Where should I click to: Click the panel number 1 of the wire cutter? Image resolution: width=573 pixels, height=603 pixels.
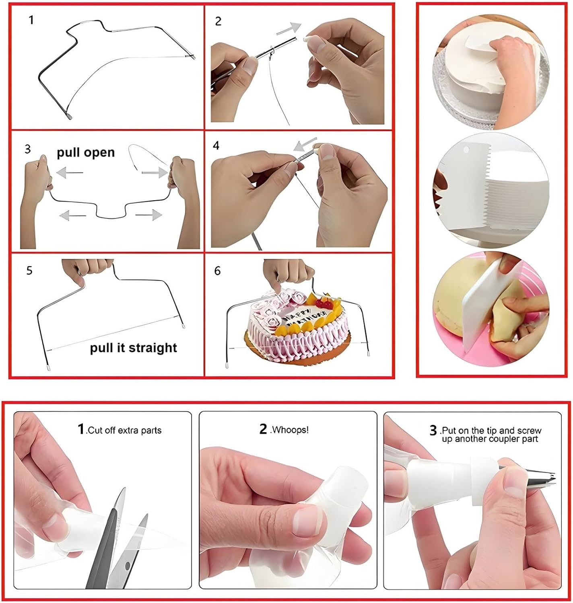(x=31, y=20)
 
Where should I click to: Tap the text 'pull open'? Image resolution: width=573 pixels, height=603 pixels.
(x=85, y=152)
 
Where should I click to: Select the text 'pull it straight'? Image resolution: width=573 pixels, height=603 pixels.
(x=133, y=347)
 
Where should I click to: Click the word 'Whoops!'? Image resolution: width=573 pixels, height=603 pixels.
(x=290, y=430)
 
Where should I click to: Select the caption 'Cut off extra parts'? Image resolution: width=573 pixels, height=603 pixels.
(x=124, y=430)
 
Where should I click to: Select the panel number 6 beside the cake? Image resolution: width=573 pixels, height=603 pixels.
(x=217, y=271)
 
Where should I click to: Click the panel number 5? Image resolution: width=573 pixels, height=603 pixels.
(x=29, y=270)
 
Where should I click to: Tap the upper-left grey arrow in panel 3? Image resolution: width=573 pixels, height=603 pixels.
(x=69, y=173)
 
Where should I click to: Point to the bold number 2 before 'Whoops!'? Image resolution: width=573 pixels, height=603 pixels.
(x=263, y=429)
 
